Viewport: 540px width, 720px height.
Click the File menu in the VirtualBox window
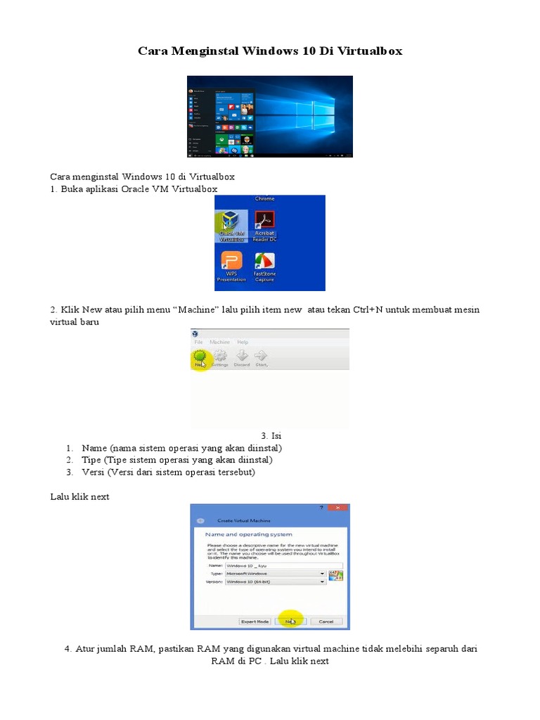coord(199,342)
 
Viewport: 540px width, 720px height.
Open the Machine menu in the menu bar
coord(219,342)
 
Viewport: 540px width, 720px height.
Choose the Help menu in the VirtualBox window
coord(243,342)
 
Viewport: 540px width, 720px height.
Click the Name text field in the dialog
coord(283,565)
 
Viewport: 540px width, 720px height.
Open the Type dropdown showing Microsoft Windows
coord(275,573)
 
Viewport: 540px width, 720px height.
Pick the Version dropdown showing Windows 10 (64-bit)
coord(275,582)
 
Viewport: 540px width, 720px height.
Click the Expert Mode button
coord(255,622)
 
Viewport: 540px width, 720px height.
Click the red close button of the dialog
coord(340,508)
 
